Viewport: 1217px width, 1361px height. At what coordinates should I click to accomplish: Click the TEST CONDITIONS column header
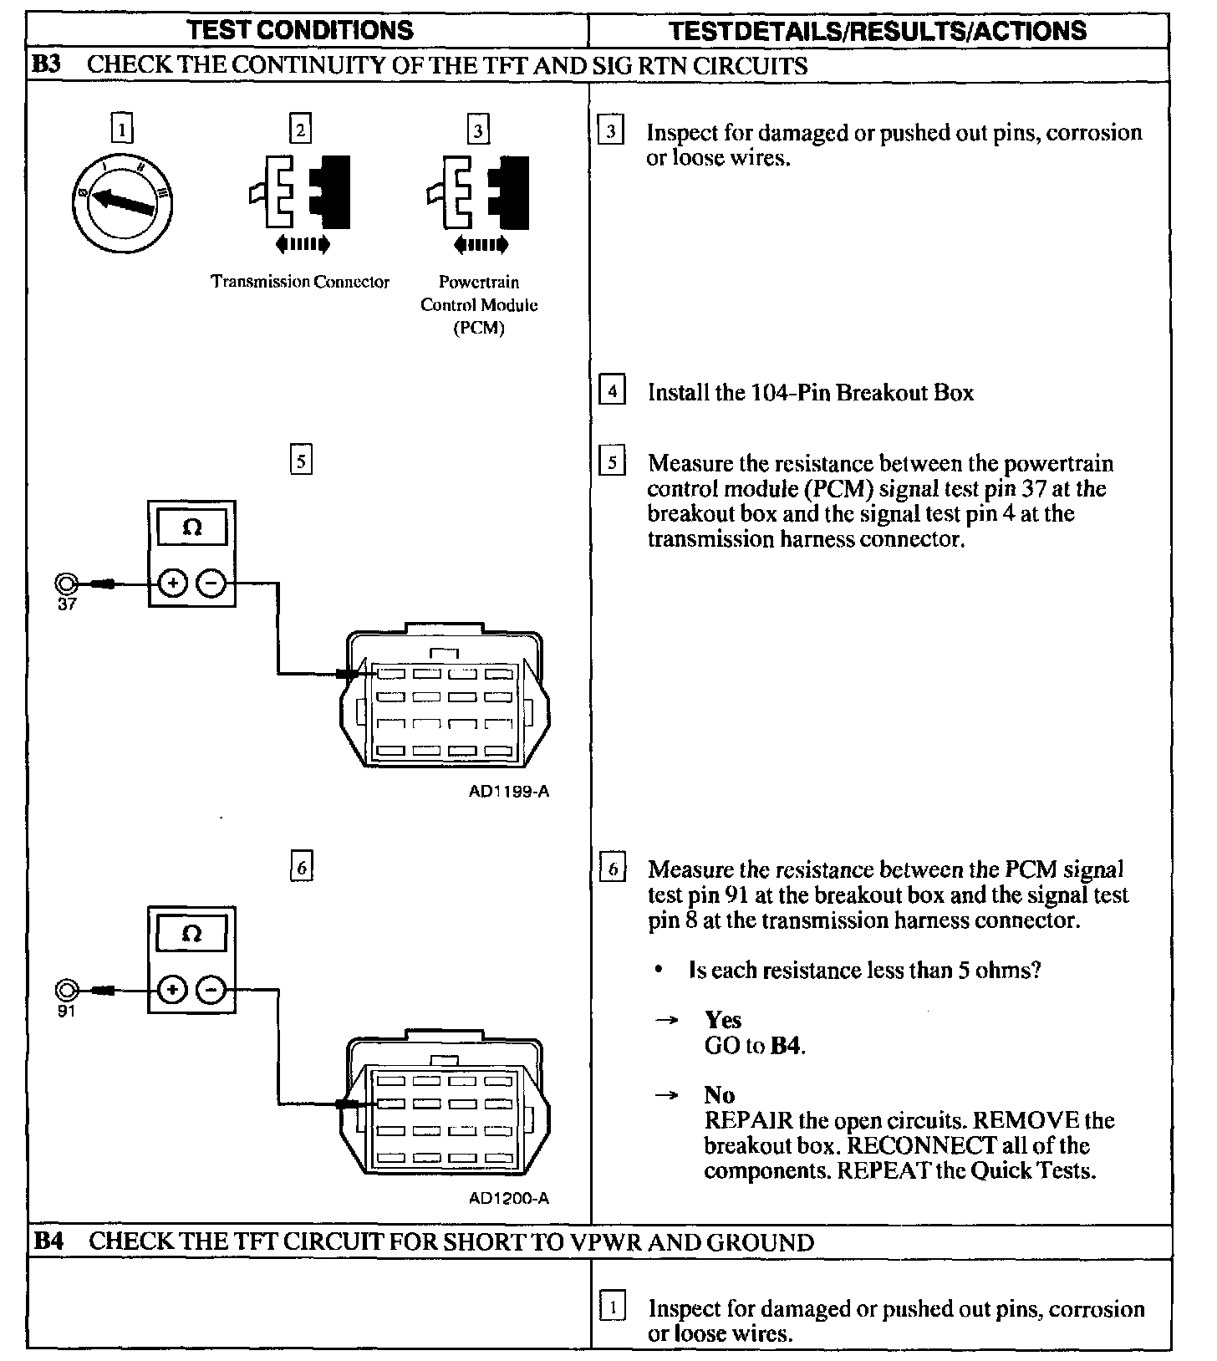click(x=300, y=30)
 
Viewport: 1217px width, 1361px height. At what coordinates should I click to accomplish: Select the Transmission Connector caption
click(x=300, y=282)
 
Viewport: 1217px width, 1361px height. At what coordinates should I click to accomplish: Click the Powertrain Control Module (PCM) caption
click(x=479, y=304)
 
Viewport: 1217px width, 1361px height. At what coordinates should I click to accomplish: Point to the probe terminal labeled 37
click(x=66, y=584)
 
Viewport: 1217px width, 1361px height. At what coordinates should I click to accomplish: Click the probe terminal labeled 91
click(x=66, y=991)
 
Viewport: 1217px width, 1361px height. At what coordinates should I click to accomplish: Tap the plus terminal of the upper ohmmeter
click(x=172, y=584)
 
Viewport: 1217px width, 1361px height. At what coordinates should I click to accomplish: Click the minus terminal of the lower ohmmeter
click(x=211, y=991)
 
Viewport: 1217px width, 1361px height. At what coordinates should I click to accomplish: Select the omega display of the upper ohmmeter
click(x=191, y=528)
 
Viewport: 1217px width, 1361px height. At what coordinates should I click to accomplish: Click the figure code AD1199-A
click(x=509, y=791)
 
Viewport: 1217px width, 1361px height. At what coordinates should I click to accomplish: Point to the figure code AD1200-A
click(x=509, y=1198)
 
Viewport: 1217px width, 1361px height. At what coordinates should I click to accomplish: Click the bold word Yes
click(x=723, y=1020)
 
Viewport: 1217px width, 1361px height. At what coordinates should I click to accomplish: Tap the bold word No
click(x=719, y=1095)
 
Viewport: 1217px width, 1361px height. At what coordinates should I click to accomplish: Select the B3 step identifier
click(x=47, y=65)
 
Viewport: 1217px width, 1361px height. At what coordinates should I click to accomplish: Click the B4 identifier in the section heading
click(x=48, y=1241)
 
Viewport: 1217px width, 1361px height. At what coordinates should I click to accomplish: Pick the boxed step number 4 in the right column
click(x=613, y=391)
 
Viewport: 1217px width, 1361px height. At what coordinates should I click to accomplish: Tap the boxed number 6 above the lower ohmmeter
click(x=301, y=867)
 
